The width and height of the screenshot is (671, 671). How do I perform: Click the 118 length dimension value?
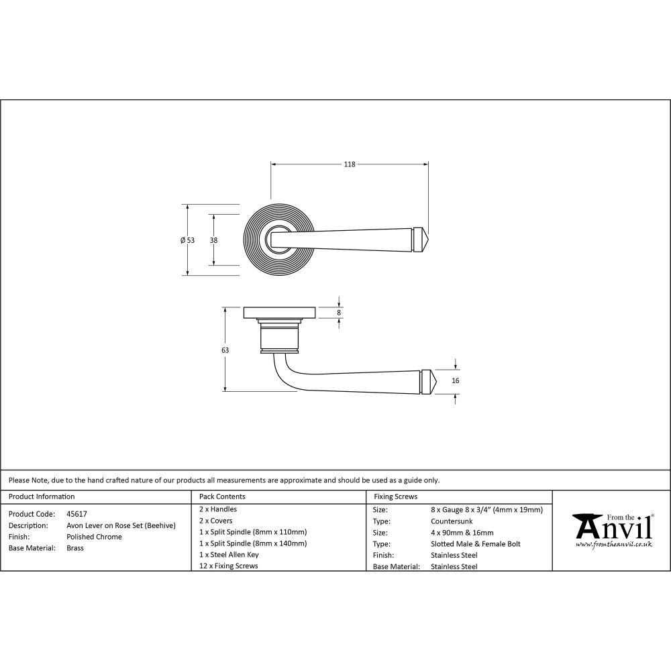(x=349, y=164)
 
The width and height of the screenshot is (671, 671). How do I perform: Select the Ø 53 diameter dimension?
(x=187, y=240)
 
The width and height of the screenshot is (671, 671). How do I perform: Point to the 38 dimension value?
(x=213, y=240)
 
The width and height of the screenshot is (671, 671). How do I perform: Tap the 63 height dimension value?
(x=225, y=350)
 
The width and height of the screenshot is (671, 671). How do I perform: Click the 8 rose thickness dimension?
(x=339, y=313)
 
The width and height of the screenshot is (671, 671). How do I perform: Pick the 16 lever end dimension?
(x=456, y=380)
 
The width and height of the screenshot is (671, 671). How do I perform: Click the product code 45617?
(x=77, y=513)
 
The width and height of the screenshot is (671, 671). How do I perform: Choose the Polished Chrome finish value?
(x=94, y=537)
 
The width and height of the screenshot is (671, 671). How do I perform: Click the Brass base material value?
(x=75, y=548)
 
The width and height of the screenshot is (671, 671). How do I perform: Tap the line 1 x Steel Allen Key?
(x=229, y=554)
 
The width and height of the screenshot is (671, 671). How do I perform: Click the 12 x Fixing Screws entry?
(x=229, y=566)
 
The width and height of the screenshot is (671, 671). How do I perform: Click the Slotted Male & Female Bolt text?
(x=475, y=544)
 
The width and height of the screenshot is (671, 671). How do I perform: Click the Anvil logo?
(x=612, y=529)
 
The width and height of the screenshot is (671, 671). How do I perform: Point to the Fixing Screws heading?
(x=395, y=497)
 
